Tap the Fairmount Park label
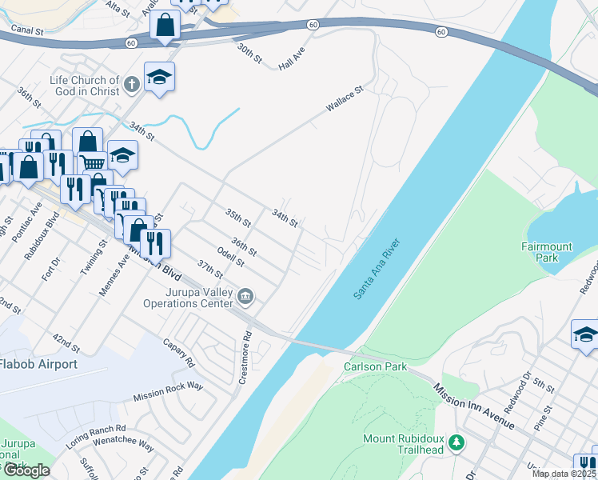coord(547,253)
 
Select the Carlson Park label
coord(375,366)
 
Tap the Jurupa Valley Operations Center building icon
coord(246,298)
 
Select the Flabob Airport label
coord(38,365)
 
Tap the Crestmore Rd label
coord(247,358)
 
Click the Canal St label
coord(27,30)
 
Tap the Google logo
coord(26,470)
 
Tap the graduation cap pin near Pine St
coord(585,334)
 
